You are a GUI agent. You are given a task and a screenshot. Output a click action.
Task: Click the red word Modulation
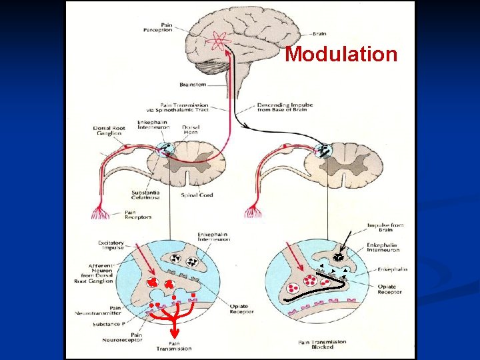click(341, 54)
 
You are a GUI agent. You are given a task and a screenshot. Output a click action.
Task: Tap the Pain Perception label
click(158, 27)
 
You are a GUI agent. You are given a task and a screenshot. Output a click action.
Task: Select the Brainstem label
click(193, 85)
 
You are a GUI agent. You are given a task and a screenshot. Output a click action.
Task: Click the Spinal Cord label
click(198, 195)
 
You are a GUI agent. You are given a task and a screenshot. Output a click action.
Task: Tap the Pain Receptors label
click(139, 215)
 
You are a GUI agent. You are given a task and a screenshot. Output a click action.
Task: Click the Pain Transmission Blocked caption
click(323, 344)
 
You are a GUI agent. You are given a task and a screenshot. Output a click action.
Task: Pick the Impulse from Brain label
click(385, 228)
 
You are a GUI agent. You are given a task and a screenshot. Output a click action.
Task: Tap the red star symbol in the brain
click(217, 42)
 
